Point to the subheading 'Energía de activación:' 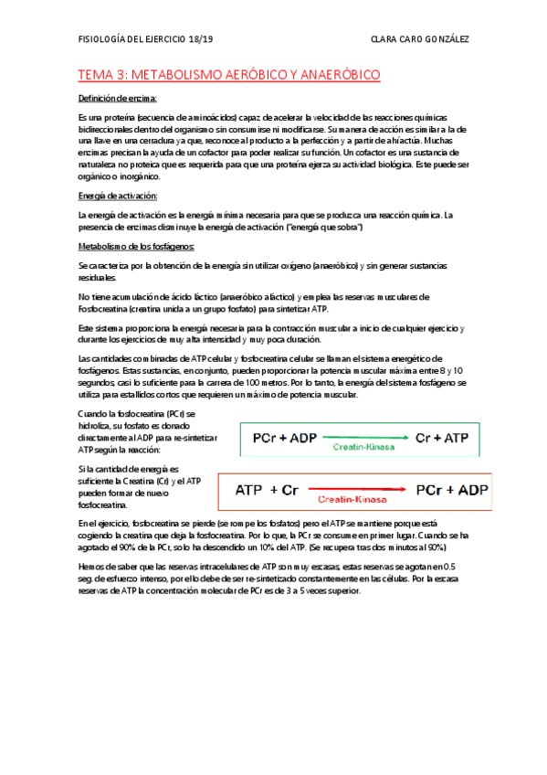(x=119, y=196)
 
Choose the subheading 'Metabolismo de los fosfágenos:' (x=136, y=247)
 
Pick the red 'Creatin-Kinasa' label (x=356, y=502)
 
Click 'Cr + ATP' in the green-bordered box (x=441, y=438)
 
